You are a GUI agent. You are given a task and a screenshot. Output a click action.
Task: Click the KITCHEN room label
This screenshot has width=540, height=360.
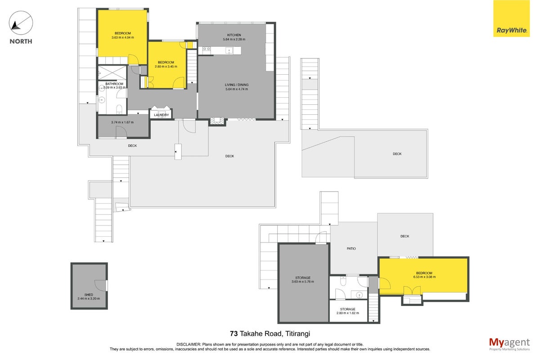click(x=234, y=35)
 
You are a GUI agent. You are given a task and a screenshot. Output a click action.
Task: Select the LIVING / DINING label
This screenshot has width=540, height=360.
click(x=237, y=85)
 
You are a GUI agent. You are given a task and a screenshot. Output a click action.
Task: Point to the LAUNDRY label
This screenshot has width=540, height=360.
click(x=161, y=115)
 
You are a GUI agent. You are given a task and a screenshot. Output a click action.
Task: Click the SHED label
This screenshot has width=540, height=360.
click(x=89, y=295)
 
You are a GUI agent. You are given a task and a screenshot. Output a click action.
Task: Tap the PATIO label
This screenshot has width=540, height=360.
click(x=351, y=248)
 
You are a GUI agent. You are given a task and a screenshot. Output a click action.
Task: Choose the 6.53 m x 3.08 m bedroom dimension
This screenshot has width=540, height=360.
click(x=424, y=277)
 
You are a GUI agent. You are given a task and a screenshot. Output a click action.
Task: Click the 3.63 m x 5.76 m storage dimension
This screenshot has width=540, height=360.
click(x=303, y=282)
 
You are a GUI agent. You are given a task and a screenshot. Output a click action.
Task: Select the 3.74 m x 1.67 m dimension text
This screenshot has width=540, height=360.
click(x=122, y=122)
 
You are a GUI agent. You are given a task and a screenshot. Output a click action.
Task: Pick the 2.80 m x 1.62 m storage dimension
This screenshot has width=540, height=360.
click(x=347, y=313)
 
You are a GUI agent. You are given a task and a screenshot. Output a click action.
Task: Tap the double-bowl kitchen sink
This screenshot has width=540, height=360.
click(x=207, y=49)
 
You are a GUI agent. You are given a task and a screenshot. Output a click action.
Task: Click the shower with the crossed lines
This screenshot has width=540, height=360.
click(x=112, y=72)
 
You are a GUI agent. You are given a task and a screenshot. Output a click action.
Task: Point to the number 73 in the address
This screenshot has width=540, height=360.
click(x=234, y=333)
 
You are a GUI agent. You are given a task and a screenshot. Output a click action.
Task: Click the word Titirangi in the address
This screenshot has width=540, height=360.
click(x=298, y=334)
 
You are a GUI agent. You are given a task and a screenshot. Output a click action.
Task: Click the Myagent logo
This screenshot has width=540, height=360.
click(x=509, y=344)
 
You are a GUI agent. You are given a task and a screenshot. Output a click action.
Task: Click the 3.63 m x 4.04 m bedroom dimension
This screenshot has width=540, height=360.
click(x=123, y=37)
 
